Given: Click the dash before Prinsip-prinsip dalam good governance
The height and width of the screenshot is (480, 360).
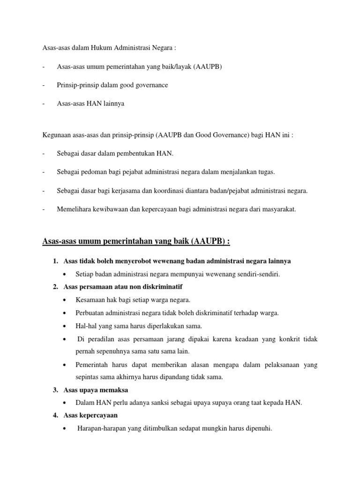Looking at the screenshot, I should [x=43, y=85].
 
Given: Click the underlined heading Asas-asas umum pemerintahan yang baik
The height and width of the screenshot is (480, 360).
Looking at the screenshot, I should [x=136, y=241].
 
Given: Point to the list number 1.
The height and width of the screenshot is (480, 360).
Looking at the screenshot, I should [x=55, y=261].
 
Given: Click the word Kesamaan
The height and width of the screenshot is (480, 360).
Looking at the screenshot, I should [x=90, y=300].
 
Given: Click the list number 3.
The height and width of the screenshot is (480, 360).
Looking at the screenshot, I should [x=55, y=390].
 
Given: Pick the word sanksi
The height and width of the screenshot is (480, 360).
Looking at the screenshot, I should [x=174, y=403].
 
